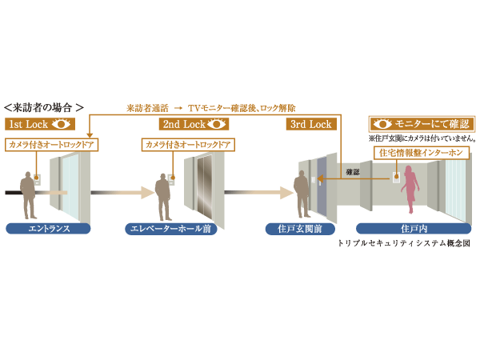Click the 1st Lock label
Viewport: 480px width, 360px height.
click(27, 124)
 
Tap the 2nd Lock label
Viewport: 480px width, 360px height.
click(183, 124)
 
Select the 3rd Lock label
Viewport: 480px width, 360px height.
click(308, 124)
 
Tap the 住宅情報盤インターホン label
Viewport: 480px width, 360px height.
click(414, 152)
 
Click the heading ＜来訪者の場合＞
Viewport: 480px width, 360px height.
click(44, 106)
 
